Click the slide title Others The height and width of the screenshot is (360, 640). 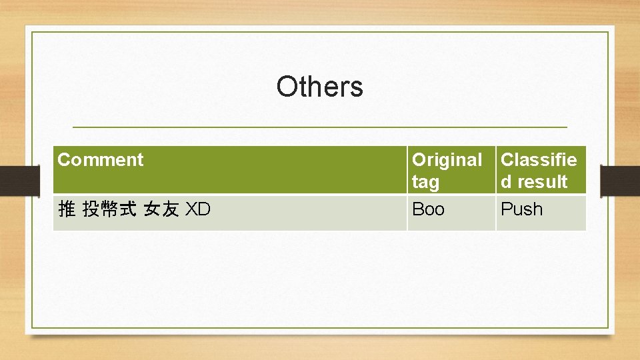(x=319, y=87)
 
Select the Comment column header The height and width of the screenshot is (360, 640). (x=100, y=160)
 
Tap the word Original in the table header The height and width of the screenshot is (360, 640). (x=447, y=160)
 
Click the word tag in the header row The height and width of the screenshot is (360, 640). (x=425, y=182)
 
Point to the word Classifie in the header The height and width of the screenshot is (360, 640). (x=539, y=160)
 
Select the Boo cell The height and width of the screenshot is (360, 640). (x=428, y=209)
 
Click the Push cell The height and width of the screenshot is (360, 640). (x=521, y=209)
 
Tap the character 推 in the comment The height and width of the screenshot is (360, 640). (x=67, y=210)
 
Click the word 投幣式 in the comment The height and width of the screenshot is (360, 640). (x=109, y=210)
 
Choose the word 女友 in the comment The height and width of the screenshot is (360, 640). (x=161, y=210)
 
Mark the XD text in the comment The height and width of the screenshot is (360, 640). (x=197, y=210)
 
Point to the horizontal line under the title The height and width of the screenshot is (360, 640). (x=319, y=127)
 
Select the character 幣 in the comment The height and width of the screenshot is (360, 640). (x=109, y=210)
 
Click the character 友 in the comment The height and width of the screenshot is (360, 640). (x=170, y=210)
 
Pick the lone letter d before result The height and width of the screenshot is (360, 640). (x=506, y=182)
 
